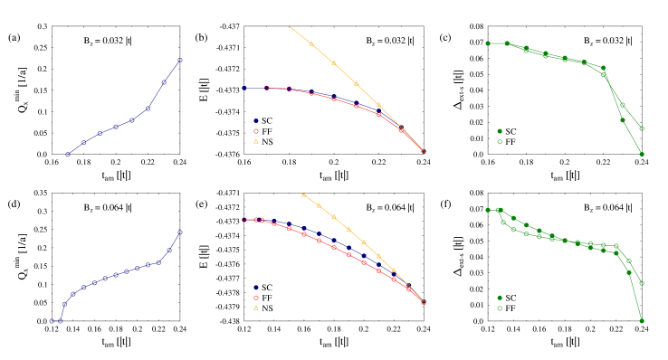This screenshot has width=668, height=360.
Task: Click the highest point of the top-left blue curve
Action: tap(180, 60)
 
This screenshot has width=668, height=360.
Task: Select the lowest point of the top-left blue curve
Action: tap(68, 154)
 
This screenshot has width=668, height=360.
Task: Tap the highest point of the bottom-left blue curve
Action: tap(180, 232)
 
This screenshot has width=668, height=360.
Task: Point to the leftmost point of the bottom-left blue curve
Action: tap(52, 320)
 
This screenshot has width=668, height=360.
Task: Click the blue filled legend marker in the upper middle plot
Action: tap(256, 120)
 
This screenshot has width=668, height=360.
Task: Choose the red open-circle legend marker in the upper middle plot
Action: tap(256, 131)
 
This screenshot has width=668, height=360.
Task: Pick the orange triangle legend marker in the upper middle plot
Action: tap(256, 141)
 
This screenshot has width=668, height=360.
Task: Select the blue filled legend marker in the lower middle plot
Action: tap(256, 288)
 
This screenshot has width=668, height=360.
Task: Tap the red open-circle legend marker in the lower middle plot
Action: tap(256, 298)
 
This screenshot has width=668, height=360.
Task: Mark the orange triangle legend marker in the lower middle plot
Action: tap(256, 308)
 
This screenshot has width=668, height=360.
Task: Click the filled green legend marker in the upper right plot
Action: tap(500, 131)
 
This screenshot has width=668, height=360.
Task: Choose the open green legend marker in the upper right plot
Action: tap(500, 142)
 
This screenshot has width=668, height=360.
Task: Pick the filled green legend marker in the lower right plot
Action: tap(500, 298)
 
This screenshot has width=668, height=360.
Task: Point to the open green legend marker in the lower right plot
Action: tap(500, 308)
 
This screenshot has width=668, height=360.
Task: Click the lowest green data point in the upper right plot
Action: tap(642, 154)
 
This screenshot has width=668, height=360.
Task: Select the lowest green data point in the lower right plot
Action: tap(642, 320)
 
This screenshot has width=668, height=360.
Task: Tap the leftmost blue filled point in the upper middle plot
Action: tap(244, 88)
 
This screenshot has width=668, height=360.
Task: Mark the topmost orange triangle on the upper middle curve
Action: tap(311, 43)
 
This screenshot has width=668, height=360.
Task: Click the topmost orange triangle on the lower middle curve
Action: tap(303, 194)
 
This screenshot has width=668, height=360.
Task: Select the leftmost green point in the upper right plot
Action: tap(488, 43)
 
